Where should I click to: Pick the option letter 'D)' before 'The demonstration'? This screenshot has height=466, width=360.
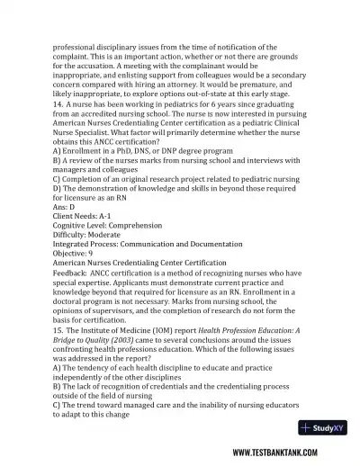58,188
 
